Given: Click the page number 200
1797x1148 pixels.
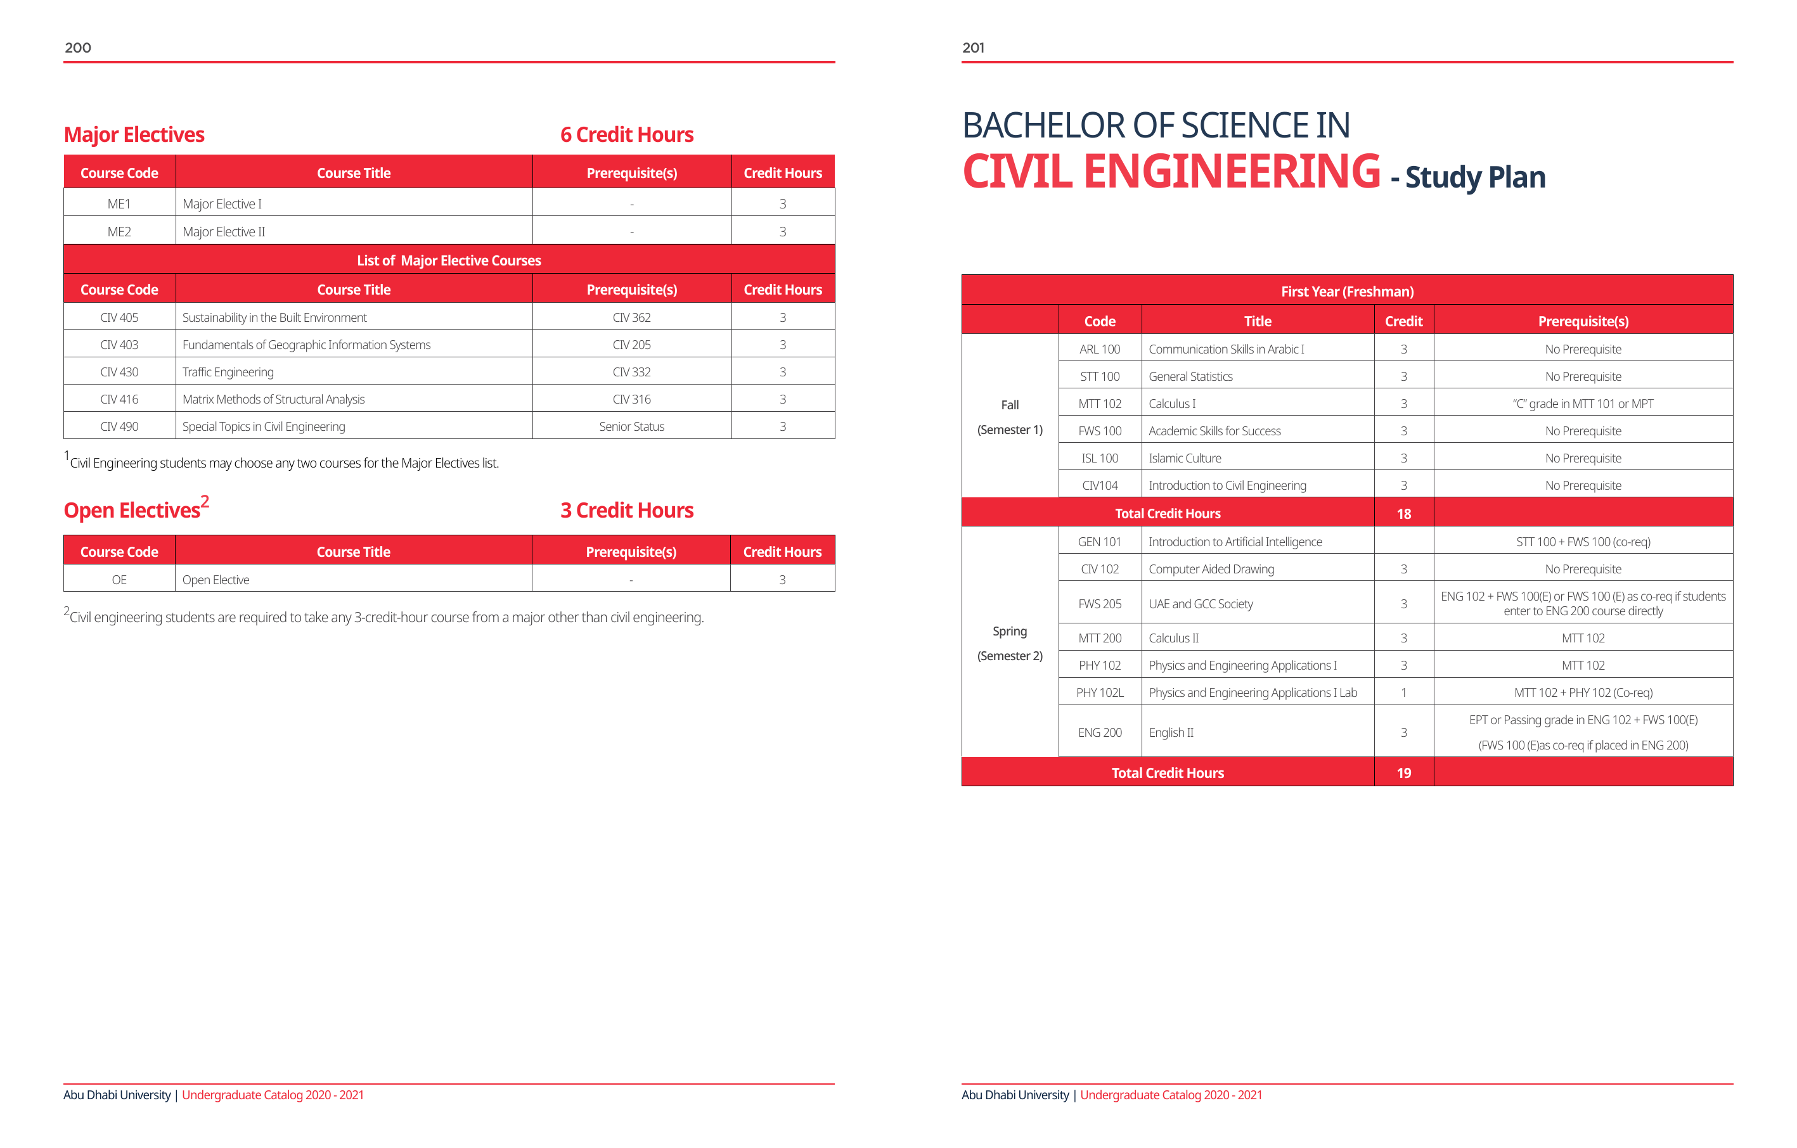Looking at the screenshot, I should (x=77, y=48).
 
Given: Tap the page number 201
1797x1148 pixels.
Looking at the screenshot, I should (x=973, y=48).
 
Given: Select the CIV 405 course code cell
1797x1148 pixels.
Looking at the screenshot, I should (x=119, y=318).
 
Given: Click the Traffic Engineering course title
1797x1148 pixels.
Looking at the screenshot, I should (x=228, y=373).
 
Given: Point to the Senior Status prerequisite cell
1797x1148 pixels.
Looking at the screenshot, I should (x=631, y=426).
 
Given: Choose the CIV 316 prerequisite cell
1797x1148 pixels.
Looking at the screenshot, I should (x=631, y=400).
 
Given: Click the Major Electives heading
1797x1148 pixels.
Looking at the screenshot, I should (x=134, y=135).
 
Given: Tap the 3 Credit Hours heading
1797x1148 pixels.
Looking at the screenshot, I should (x=627, y=511).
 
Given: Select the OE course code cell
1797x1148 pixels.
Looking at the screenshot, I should (x=119, y=580).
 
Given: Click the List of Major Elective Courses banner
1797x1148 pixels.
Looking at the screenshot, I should (x=449, y=260).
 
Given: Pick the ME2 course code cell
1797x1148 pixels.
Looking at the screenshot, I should (x=119, y=232).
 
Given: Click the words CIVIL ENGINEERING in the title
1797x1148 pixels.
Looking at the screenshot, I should (x=1171, y=172).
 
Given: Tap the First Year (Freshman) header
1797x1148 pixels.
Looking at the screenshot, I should (x=1347, y=291).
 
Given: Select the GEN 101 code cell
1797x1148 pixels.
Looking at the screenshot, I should (x=1099, y=542).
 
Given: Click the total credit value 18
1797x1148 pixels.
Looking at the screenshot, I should (x=1404, y=514).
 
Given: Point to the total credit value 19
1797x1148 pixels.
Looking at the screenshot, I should (x=1404, y=774).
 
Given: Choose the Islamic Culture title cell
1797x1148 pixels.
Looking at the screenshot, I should (x=1185, y=459).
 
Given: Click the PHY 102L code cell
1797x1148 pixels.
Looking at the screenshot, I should (x=1099, y=693).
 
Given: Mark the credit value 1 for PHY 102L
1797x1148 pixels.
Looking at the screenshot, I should (x=1404, y=693).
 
